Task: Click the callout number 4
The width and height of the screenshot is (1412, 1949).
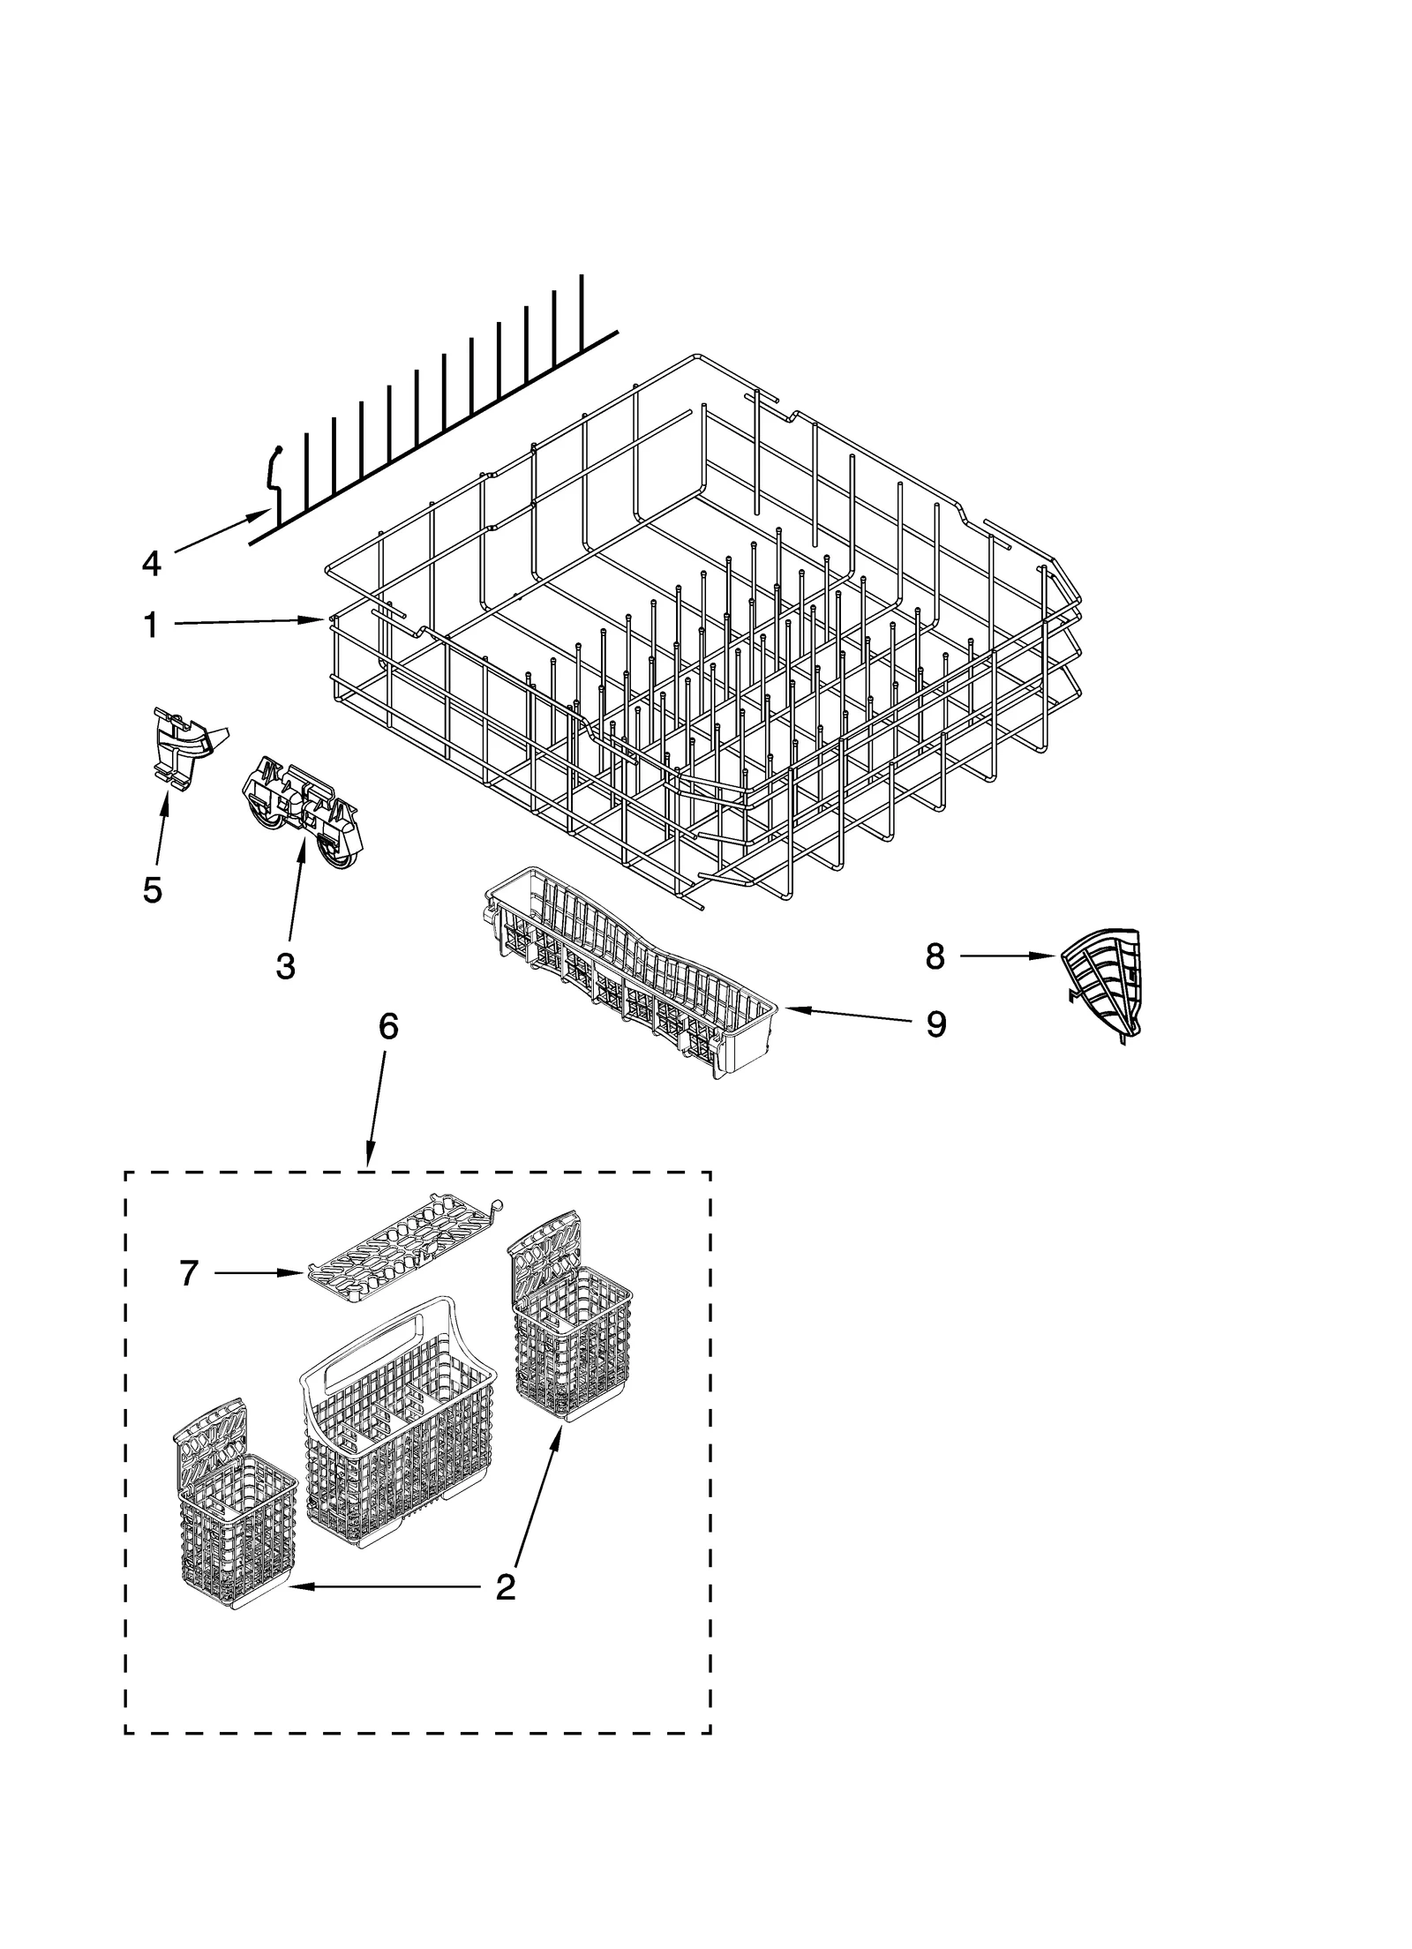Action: pyautogui.click(x=151, y=563)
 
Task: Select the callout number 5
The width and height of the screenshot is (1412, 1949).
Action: pyautogui.click(x=152, y=889)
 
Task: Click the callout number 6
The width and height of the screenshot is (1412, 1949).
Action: pyautogui.click(x=388, y=1026)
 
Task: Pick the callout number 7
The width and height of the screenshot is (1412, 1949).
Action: pyautogui.click(x=188, y=1273)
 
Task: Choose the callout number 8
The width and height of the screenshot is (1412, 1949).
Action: pyautogui.click(x=935, y=956)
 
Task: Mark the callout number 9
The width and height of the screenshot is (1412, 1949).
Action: pyautogui.click(x=935, y=1024)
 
